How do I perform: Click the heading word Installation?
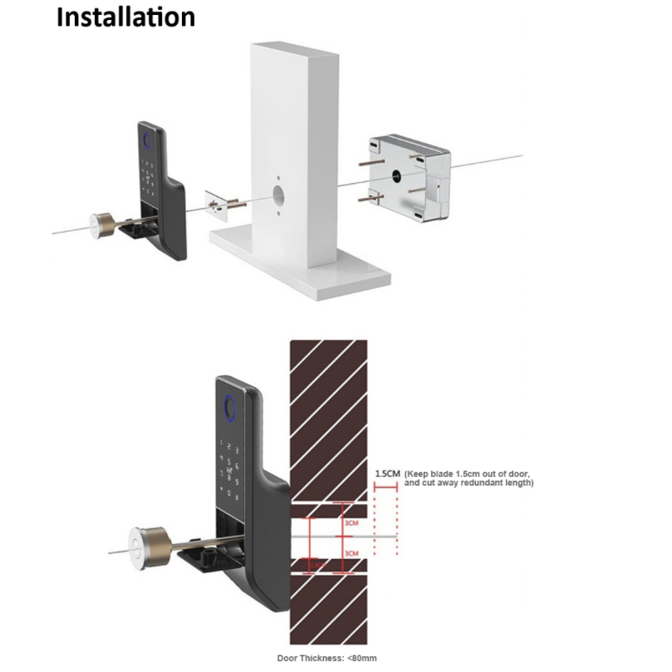(x=125, y=17)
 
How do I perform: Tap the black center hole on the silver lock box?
(x=396, y=177)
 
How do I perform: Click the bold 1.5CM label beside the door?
(x=387, y=473)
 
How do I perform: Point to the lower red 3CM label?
(x=351, y=553)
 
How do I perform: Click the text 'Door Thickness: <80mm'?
(x=326, y=658)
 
